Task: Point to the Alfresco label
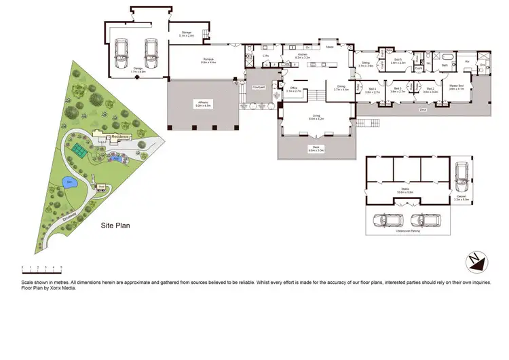[x=204, y=104]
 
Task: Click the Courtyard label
[x=259, y=88]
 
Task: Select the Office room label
[x=293, y=88]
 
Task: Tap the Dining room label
[x=341, y=88]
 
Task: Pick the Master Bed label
[x=456, y=87]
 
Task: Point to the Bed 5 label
[x=398, y=60]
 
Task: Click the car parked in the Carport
[x=463, y=175]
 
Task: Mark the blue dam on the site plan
[x=69, y=181]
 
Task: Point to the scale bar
[x=41, y=268]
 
